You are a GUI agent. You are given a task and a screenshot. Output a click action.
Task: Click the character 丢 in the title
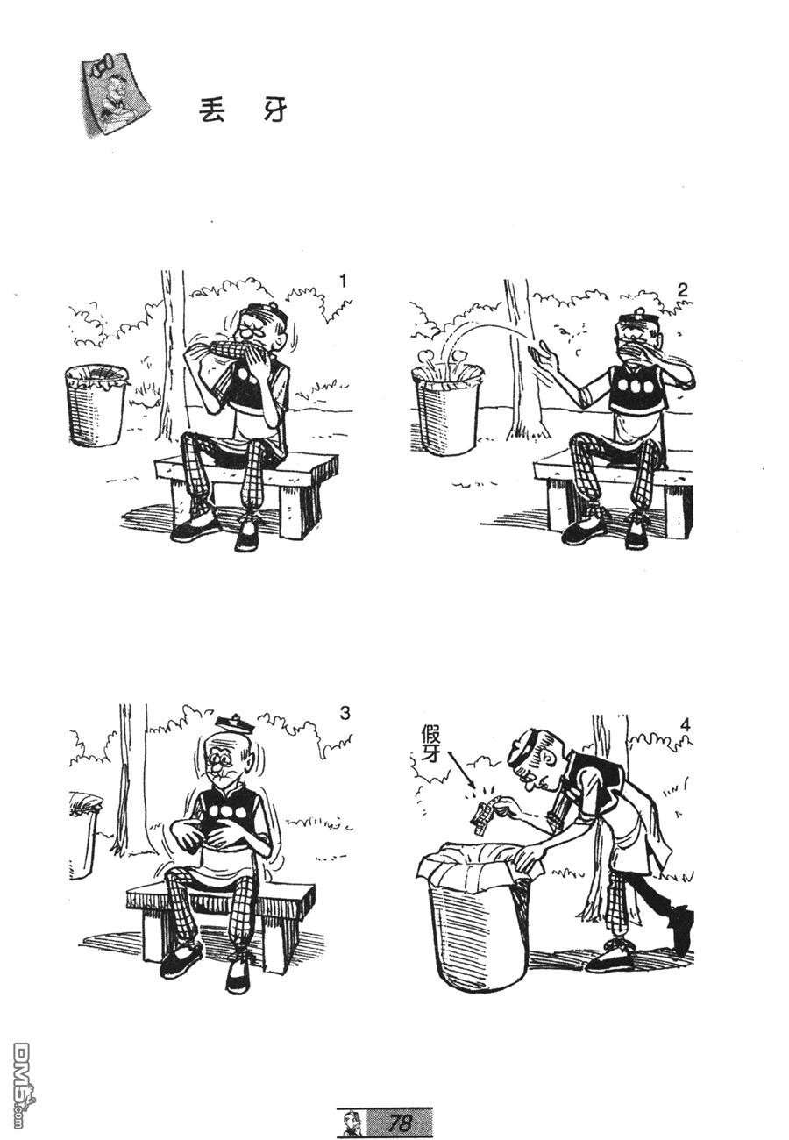click(x=211, y=110)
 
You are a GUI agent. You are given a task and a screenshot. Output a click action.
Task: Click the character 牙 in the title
click(x=275, y=110)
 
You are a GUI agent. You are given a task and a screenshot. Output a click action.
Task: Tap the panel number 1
click(x=343, y=281)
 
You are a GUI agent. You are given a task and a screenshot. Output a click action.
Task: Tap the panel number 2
click(x=683, y=290)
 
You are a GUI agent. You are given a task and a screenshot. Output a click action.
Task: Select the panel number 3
click(x=345, y=714)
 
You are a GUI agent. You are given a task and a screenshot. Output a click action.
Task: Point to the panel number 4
click(x=686, y=725)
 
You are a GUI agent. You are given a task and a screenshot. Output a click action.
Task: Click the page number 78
click(x=400, y=1122)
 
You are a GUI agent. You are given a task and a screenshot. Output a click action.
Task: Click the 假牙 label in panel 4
click(x=430, y=744)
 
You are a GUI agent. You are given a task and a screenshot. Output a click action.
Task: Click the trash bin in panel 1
click(x=96, y=404)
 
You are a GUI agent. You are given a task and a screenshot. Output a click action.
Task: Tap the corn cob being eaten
click(x=224, y=351)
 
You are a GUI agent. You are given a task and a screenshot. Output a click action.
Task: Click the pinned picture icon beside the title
click(x=116, y=94)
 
